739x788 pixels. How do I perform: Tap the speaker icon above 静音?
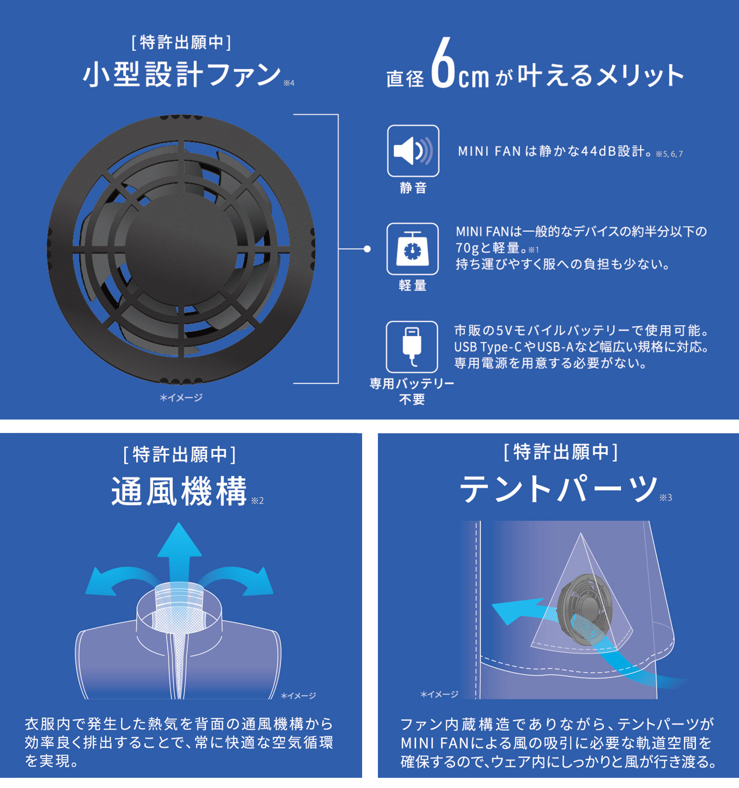413,151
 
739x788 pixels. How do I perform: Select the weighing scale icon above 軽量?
412,249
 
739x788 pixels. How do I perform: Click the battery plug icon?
412,346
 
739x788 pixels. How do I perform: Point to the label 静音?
413,188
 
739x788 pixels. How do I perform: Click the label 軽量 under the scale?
412,285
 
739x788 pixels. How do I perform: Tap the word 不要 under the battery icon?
412,399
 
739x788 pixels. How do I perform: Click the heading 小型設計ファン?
182,75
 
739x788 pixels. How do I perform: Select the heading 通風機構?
179,491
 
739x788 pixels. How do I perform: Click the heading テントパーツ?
558,489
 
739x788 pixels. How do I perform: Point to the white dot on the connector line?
367,249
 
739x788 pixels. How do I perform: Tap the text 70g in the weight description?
467,248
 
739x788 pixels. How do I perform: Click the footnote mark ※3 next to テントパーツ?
666,498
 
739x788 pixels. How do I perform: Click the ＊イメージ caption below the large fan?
181,398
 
